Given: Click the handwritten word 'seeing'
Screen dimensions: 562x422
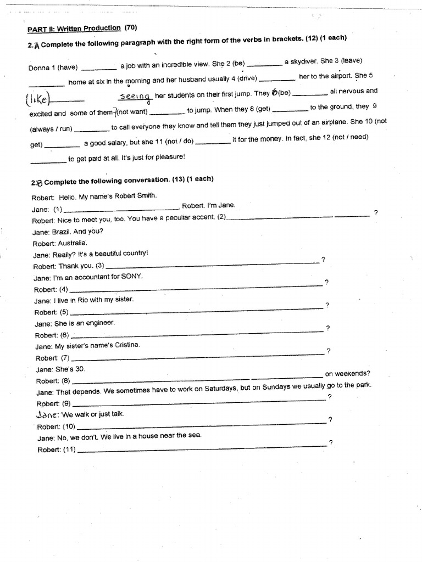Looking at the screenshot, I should (x=135, y=96).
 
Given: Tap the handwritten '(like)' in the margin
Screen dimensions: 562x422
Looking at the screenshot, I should (x=38, y=99).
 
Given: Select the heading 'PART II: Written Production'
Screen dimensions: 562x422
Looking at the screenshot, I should (x=74, y=28).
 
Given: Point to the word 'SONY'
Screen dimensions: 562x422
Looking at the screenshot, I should (x=132, y=277).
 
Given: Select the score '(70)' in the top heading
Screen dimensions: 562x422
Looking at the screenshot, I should (x=131, y=27).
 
